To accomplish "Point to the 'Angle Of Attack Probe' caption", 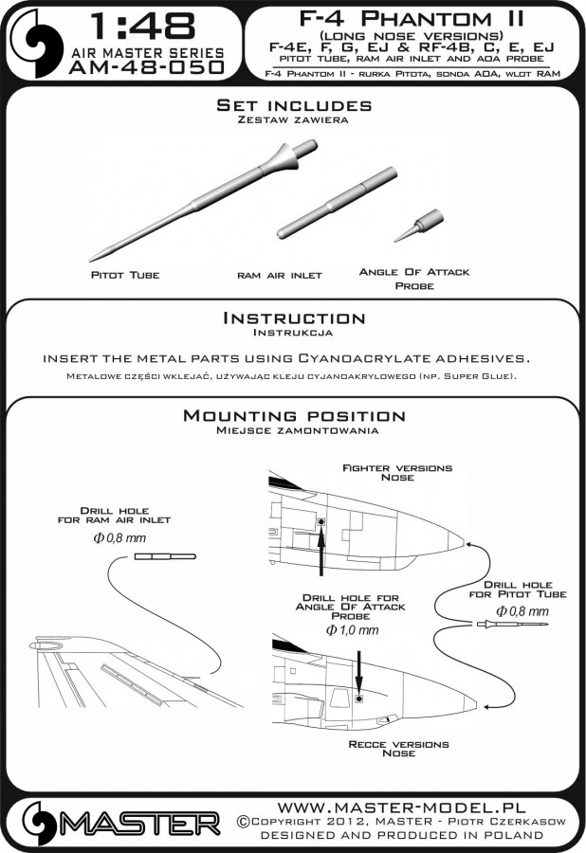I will [414, 278].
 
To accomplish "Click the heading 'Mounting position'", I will [294, 416].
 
